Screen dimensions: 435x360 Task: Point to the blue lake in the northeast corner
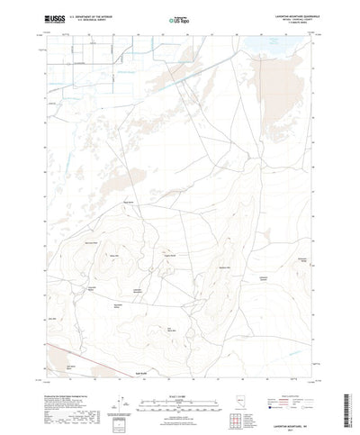270,41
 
